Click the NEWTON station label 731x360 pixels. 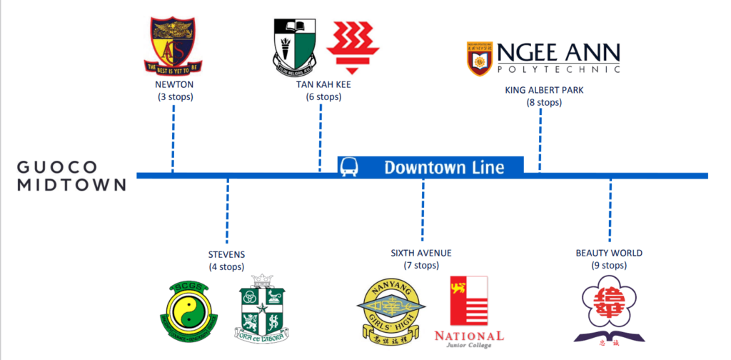(x=175, y=84)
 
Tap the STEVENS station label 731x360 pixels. (x=226, y=254)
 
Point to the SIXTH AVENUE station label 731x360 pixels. (x=421, y=254)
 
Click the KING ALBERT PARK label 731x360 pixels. (x=539, y=90)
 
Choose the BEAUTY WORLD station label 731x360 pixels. (x=609, y=253)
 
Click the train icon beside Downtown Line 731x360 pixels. (x=350, y=167)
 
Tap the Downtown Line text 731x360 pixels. (x=443, y=168)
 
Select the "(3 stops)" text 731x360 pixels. (x=175, y=96)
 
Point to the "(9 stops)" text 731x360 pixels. (x=609, y=265)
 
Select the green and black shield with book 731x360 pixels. (x=295, y=46)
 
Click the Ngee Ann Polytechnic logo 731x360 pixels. (x=543, y=57)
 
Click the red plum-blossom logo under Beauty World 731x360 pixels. (x=609, y=309)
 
